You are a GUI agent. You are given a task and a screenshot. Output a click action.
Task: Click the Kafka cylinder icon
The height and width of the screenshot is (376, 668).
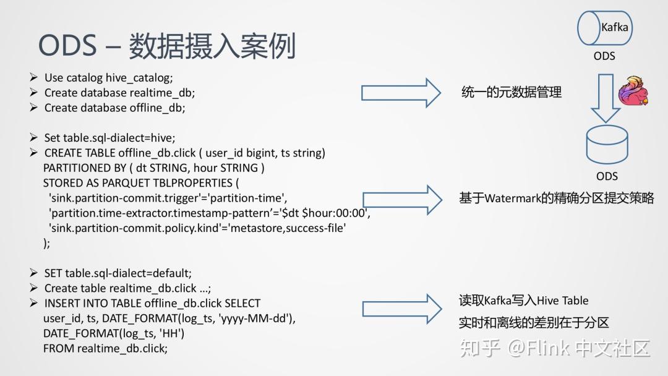tap(604, 28)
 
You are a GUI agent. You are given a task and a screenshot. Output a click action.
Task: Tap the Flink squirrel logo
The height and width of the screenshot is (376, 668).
tap(633, 90)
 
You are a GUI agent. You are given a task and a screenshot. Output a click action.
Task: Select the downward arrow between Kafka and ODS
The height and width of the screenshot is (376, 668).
tap(606, 98)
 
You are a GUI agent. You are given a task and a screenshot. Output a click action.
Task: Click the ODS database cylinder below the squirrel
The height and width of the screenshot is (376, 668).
tap(607, 144)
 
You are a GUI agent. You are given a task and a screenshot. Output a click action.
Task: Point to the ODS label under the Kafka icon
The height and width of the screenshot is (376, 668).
tap(604, 56)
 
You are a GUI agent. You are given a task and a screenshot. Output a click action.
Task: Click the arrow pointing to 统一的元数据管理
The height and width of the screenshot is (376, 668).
tap(401, 93)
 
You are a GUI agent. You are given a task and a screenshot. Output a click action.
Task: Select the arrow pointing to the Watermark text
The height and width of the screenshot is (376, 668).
tap(402, 200)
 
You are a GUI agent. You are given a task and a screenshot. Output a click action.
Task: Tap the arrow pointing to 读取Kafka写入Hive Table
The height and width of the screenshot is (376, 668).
tap(402, 309)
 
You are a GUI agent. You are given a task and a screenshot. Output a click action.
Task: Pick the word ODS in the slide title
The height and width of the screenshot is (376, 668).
tap(67, 45)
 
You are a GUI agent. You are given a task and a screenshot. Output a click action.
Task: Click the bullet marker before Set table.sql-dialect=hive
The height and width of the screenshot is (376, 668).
tap(33, 137)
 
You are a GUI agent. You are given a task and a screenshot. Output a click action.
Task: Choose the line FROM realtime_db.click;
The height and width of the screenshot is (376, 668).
tap(105, 348)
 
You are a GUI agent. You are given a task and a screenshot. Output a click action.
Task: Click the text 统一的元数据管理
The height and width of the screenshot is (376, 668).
tap(512, 92)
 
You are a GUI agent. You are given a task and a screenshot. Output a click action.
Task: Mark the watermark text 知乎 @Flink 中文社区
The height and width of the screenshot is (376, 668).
tap(555, 348)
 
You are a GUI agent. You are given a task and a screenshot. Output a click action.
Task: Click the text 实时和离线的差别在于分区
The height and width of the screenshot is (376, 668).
tap(534, 323)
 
